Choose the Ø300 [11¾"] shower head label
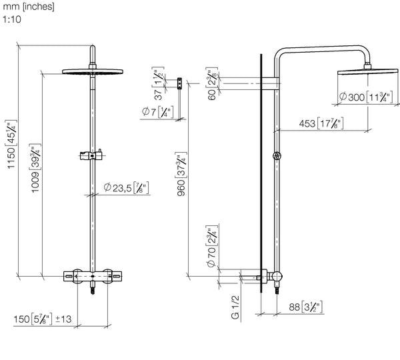coord(367,97)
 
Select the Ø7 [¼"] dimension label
coord(157,111)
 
